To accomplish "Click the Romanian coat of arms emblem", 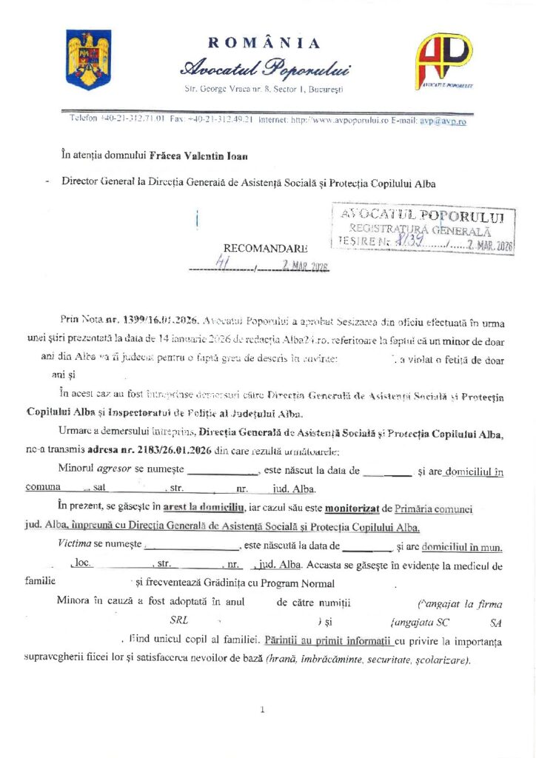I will [x=88, y=58].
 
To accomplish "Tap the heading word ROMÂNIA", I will [x=264, y=43].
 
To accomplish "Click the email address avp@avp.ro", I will [x=443, y=119].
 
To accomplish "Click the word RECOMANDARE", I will [x=265, y=249].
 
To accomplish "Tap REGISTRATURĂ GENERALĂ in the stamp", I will [x=419, y=229].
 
